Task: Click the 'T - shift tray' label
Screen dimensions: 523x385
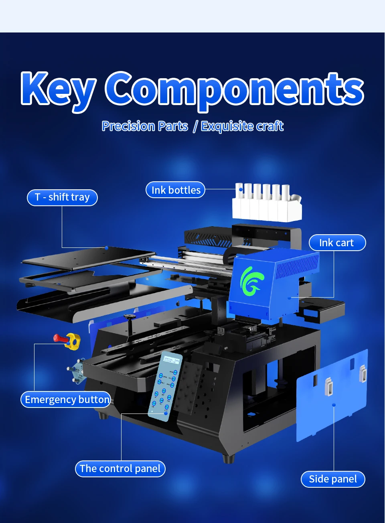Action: tap(62, 197)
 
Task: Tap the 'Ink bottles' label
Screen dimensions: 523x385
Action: tap(175, 190)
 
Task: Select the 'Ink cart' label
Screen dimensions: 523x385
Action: tap(337, 243)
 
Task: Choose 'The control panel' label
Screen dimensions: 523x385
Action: tap(120, 468)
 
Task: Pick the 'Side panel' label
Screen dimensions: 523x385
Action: tap(332, 479)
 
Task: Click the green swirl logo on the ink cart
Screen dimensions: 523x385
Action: tap(252, 282)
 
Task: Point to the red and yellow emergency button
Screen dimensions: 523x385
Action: tap(68, 340)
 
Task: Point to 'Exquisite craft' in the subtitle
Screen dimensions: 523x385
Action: tap(242, 126)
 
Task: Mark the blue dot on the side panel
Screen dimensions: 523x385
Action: tap(334, 405)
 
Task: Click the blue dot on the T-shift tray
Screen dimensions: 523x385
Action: tap(106, 248)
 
